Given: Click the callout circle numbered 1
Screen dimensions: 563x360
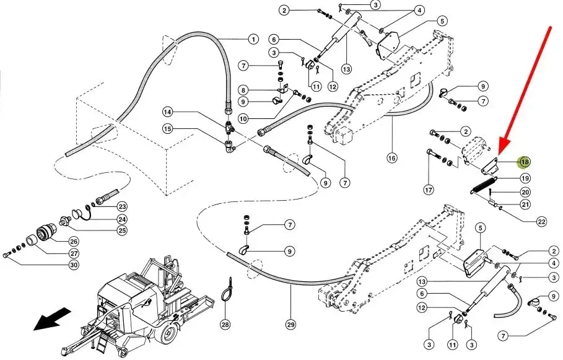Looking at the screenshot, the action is (253, 39).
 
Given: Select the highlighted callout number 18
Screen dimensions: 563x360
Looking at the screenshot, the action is (525, 162).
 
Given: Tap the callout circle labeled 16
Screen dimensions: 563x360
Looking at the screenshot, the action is (392, 158).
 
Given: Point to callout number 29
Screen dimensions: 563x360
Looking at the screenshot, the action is (291, 325).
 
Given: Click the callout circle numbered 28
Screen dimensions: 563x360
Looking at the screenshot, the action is (225, 325).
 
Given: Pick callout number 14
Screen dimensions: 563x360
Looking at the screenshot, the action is (168, 112).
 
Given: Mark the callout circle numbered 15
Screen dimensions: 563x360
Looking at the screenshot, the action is (168, 128).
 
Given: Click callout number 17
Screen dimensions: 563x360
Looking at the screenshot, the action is (429, 190).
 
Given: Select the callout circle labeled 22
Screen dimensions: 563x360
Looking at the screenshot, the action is (541, 222).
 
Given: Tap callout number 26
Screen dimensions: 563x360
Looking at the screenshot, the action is (74, 242).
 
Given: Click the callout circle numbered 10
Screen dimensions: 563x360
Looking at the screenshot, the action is (243, 118).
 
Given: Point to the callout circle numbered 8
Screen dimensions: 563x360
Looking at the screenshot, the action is (243, 90).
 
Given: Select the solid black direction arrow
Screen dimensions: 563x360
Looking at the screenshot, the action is (50, 318).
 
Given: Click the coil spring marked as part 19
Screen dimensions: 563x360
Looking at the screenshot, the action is (484, 186).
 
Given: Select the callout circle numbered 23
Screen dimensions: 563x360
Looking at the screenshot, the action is (123, 206).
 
